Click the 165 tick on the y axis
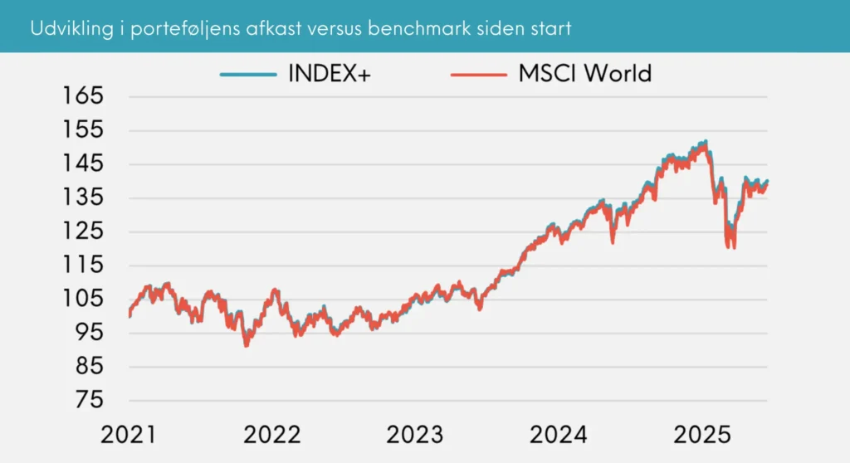pyautogui.click(x=83, y=96)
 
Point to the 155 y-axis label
pyautogui.click(x=83, y=130)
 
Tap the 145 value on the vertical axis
pyautogui.click(x=83, y=164)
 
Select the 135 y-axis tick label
pyautogui.click(x=83, y=197)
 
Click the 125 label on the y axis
pyautogui.click(x=83, y=231)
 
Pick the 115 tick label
pyautogui.click(x=83, y=266)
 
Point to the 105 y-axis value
pyautogui.click(x=83, y=299)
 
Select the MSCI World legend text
pyautogui.click(x=584, y=73)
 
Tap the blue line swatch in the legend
pyautogui.click(x=248, y=74)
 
